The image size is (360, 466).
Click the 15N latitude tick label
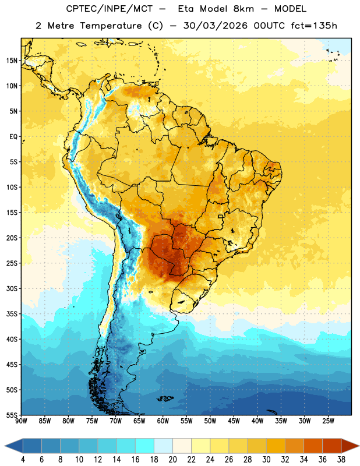12,61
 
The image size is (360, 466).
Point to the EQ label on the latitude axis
13,137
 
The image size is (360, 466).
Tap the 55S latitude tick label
12,415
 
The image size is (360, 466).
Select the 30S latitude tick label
12,288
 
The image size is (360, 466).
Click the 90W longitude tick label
21,421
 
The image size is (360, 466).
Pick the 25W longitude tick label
328,421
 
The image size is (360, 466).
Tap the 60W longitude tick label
163,421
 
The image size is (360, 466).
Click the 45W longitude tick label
234,421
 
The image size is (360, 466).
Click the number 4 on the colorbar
23,460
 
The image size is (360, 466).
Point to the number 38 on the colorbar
341,460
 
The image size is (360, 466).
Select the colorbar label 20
172,460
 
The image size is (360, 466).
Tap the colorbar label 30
266,460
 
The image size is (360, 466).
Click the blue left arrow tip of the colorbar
5,446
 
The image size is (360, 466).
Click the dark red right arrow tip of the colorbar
359,446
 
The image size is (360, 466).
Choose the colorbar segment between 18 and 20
163,446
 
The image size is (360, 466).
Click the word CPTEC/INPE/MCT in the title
110,9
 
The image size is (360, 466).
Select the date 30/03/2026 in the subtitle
215,26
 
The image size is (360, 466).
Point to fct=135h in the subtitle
314,26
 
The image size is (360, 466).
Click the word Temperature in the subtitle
111,26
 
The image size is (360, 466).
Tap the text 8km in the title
243,9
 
